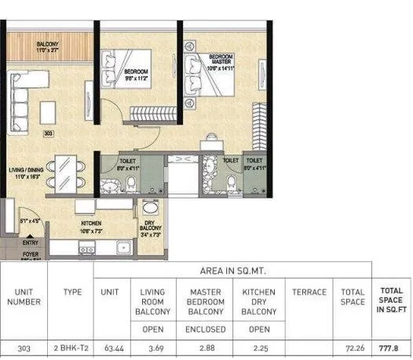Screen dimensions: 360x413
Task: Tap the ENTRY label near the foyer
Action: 30,243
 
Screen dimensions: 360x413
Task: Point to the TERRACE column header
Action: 309,293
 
